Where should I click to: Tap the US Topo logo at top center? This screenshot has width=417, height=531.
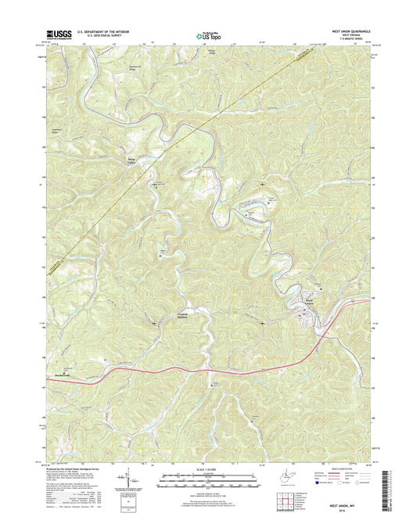[207, 34]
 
